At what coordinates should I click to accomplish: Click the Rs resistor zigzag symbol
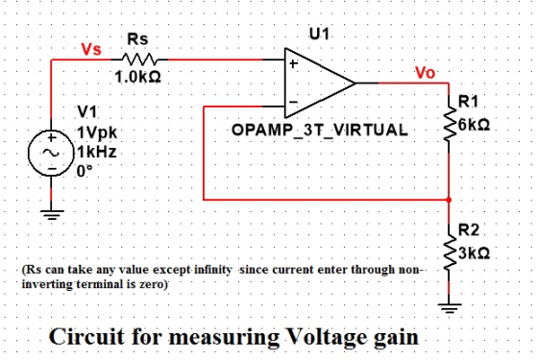pyautogui.click(x=139, y=60)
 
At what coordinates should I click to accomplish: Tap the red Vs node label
pyautogui.click(x=91, y=49)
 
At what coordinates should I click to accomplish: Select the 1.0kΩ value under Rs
pyautogui.click(x=137, y=77)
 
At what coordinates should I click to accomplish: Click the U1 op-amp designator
pyautogui.click(x=319, y=34)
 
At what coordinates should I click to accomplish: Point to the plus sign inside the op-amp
pyautogui.click(x=294, y=63)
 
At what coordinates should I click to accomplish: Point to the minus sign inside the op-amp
pyautogui.click(x=293, y=102)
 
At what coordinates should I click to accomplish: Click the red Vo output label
pyautogui.click(x=425, y=73)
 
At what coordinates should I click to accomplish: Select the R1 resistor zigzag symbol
pyautogui.click(x=449, y=123)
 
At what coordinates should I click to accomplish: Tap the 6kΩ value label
pyautogui.click(x=474, y=125)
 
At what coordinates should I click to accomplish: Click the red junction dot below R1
pyautogui.click(x=449, y=200)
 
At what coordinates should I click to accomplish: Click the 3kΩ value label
pyautogui.click(x=474, y=253)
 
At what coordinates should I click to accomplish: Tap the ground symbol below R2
pyautogui.click(x=449, y=308)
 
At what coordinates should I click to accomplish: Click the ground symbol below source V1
pyautogui.click(x=52, y=215)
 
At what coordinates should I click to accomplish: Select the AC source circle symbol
pyautogui.click(x=51, y=154)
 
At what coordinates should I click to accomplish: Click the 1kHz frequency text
pyautogui.click(x=97, y=152)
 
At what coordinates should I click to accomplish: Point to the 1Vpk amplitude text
pyautogui.click(x=97, y=133)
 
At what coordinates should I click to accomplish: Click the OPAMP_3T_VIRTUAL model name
pyautogui.click(x=320, y=131)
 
